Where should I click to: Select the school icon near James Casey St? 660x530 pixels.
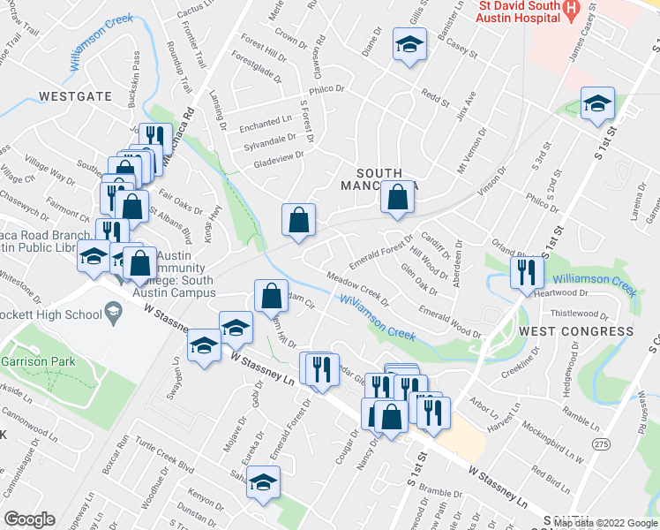pos(598,105)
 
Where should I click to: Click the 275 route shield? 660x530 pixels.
pos(601,443)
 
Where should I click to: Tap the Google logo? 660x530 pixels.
pos(29,519)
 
